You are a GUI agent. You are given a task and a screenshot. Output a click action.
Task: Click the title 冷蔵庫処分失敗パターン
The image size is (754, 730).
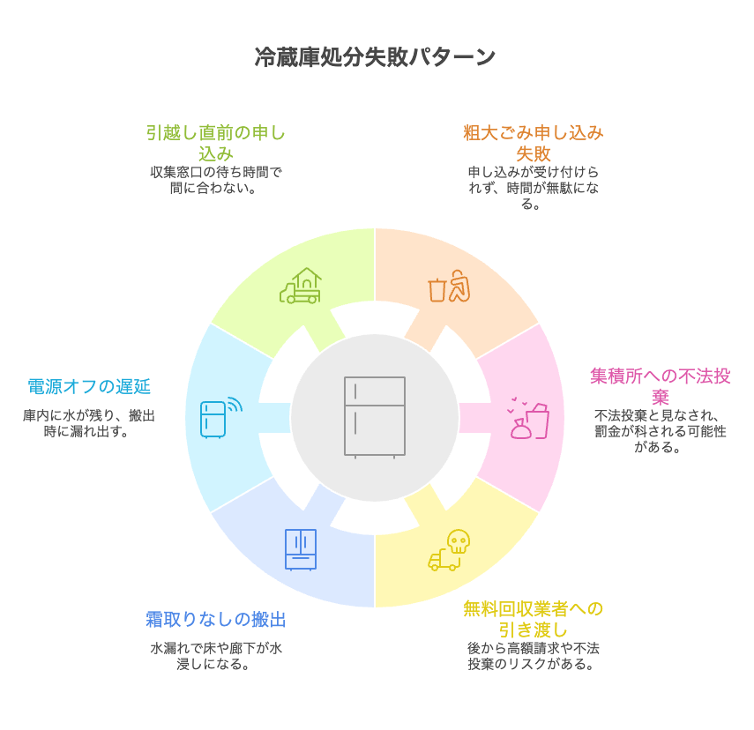(376, 57)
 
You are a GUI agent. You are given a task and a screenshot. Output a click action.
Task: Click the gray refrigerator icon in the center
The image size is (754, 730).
(375, 416)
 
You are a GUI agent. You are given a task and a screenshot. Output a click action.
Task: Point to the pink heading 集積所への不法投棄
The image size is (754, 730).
(661, 386)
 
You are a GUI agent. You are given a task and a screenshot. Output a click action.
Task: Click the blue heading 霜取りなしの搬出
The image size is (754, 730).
(216, 620)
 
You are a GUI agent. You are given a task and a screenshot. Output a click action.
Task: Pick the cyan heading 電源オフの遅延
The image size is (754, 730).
(89, 386)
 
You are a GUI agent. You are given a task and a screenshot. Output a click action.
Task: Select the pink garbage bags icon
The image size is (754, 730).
(528, 420)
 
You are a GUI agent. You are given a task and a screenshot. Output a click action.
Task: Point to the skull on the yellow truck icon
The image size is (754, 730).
(458, 541)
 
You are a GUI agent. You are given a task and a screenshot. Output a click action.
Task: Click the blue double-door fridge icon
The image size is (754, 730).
(301, 549)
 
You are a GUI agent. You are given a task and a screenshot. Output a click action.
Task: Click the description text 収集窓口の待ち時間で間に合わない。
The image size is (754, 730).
(216, 180)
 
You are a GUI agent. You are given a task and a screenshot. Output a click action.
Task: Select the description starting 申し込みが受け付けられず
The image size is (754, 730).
(534, 188)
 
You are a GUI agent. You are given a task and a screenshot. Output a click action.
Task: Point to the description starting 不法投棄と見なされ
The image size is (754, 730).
(661, 431)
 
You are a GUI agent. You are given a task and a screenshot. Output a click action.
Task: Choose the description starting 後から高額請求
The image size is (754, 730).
(534, 656)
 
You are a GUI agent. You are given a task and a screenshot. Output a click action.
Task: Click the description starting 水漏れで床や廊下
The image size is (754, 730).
(216, 656)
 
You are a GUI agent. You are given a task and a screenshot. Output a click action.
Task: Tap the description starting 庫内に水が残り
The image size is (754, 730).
(89, 423)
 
